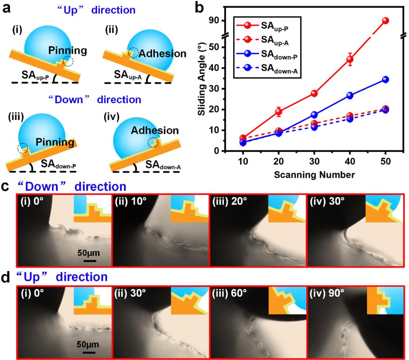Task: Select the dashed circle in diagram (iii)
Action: pyautogui.click(x=23, y=149)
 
